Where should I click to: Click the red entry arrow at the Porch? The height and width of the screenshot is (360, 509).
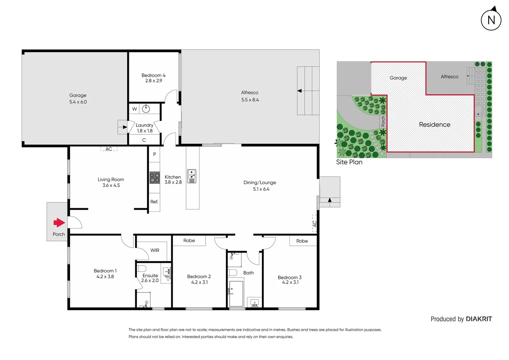tap(59, 223)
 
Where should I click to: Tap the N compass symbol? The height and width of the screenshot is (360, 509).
tap(491, 20)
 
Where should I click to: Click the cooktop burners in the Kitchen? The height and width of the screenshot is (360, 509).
tap(155, 178)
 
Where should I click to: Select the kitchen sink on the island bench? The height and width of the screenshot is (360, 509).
tap(192, 176)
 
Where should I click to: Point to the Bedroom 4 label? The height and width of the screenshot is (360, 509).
tap(153, 75)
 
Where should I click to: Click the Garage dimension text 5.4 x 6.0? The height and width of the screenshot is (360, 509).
tap(78, 102)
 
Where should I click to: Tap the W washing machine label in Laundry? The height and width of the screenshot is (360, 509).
tap(135, 109)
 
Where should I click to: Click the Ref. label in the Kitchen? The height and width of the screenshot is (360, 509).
tap(154, 202)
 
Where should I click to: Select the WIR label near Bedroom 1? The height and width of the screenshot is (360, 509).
tap(155, 250)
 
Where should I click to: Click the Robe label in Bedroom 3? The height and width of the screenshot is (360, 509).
tap(302, 241)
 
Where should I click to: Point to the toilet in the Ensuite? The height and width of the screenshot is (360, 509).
tap(142, 268)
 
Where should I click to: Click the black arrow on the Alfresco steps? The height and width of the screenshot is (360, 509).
tap(299, 91)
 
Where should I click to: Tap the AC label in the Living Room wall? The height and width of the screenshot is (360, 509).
tap(109, 149)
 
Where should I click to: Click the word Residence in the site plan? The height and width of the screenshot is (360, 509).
tap(434, 125)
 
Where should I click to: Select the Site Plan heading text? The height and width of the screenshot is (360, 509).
tap(349, 162)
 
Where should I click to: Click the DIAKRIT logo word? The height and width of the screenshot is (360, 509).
tap(479, 319)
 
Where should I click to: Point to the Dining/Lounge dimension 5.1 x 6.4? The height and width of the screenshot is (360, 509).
tap(261, 189)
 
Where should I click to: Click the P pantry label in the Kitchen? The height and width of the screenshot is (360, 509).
tap(154, 154)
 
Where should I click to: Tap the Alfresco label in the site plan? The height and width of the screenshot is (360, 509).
tap(449, 77)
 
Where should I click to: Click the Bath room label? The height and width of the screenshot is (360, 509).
tap(249, 273)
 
